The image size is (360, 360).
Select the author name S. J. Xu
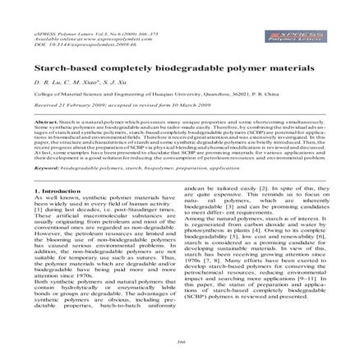[121, 59]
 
